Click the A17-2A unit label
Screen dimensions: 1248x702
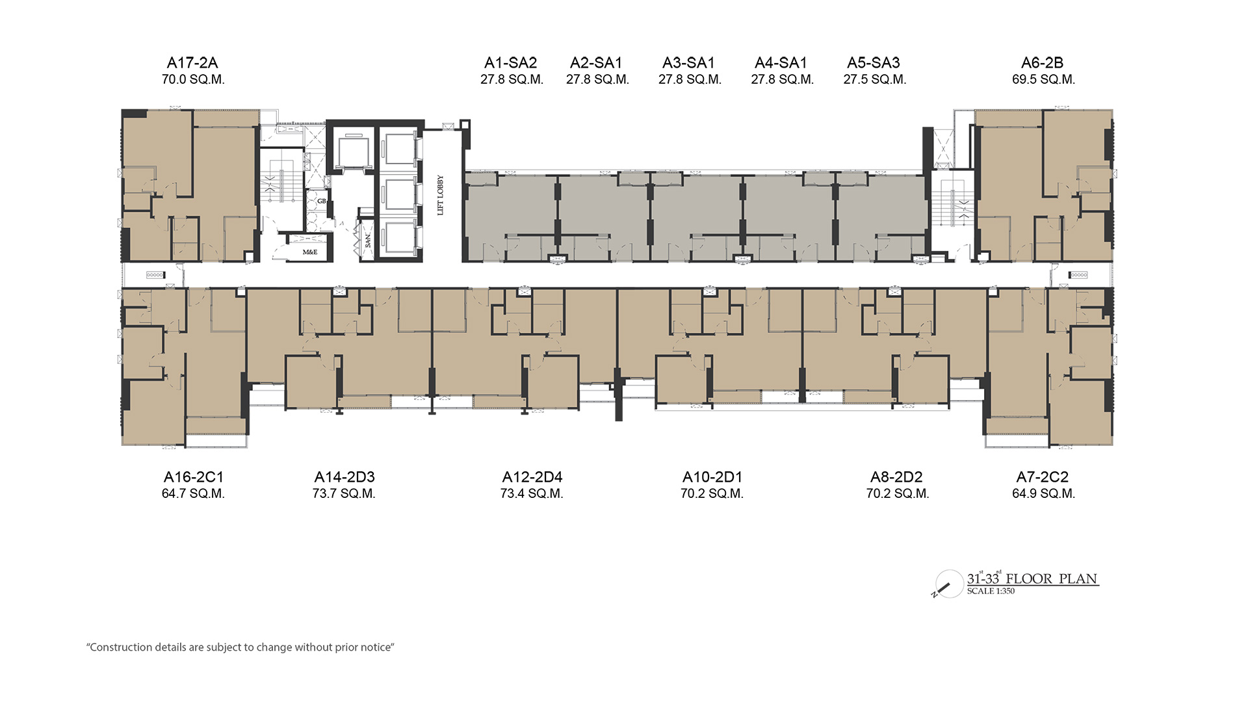point(192,63)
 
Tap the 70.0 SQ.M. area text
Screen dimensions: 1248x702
point(193,80)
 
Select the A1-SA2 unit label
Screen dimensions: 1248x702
point(511,63)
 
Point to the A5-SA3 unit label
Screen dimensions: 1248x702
point(874,63)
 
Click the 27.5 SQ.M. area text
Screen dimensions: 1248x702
point(875,80)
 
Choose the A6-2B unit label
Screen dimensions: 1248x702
point(1043,63)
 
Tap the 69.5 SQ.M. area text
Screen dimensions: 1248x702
point(1044,80)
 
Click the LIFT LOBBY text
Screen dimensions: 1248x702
point(441,195)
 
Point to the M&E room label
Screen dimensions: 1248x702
point(310,252)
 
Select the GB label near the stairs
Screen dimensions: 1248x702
point(321,201)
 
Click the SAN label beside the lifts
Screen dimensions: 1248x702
point(368,240)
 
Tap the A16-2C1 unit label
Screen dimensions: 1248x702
point(194,477)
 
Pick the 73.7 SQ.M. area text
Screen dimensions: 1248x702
point(344,494)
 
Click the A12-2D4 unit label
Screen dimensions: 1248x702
point(532,477)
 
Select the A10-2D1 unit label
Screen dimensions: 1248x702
point(712,477)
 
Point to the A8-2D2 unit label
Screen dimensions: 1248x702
point(897,477)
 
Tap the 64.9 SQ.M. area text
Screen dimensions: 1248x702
point(1044,494)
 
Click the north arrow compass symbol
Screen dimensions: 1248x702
point(948,584)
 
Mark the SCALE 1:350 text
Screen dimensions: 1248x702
point(991,591)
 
